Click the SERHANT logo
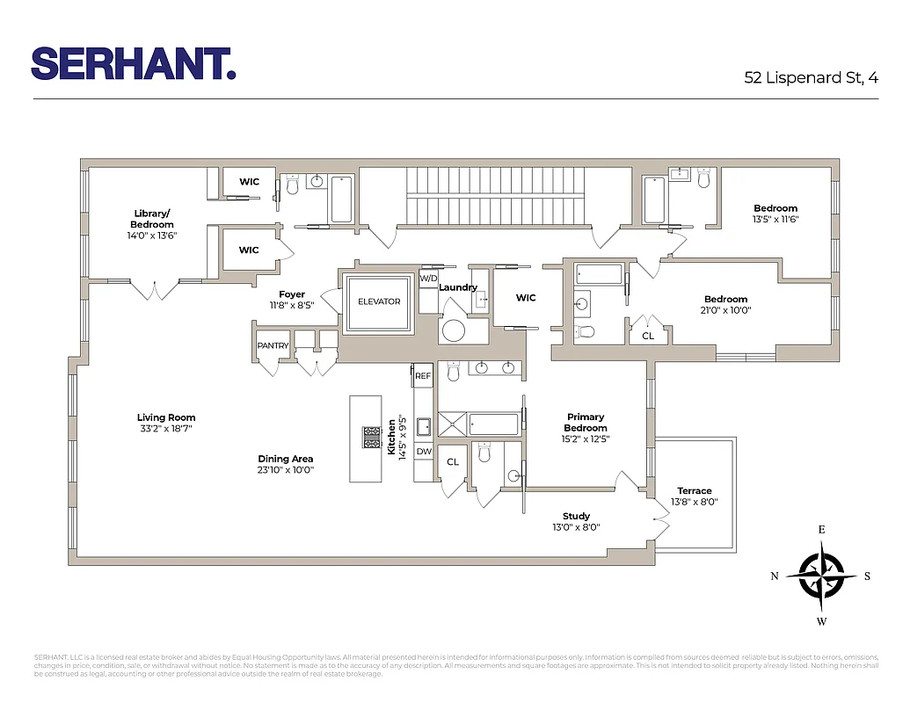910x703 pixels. pyautogui.click(x=134, y=63)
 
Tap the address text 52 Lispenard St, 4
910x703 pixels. pyautogui.click(x=811, y=77)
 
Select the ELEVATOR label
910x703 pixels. pyautogui.click(x=379, y=301)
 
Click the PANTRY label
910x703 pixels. pyautogui.click(x=273, y=346)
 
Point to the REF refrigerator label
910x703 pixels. pyautogui.click(x=423, y=375)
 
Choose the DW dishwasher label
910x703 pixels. pyautogui.click(x=424, y=452)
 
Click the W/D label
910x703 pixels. pyautogui.click(x=428, y=279)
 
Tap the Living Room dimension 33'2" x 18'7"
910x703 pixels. pyautogui.click(x=166, y=429)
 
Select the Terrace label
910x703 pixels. pyautogui.click(x=695, y=491)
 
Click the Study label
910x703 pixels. pyautogui.click(x=577, y=516)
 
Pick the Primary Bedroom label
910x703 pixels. pyautogui.click(x=586, y=423)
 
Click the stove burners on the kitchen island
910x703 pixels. pyautogui.click(x=369, y=437)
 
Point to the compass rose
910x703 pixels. pyautogui.click(x=821, y=576)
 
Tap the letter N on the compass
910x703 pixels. pyautogui.click(x=775, y=576)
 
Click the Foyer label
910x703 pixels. pyautogui.click(x=292, y=294)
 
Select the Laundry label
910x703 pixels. pyautogui.click(x=458, y=287)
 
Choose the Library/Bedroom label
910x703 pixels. pyautogui.click(x=152, y=219)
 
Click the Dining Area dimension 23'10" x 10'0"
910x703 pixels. pyautogui.click(x=286, y=470)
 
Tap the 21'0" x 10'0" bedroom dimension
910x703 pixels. pyautogui.click(x=726, y=310)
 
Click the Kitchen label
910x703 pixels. pyautogui.click(x=392, y=436)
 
